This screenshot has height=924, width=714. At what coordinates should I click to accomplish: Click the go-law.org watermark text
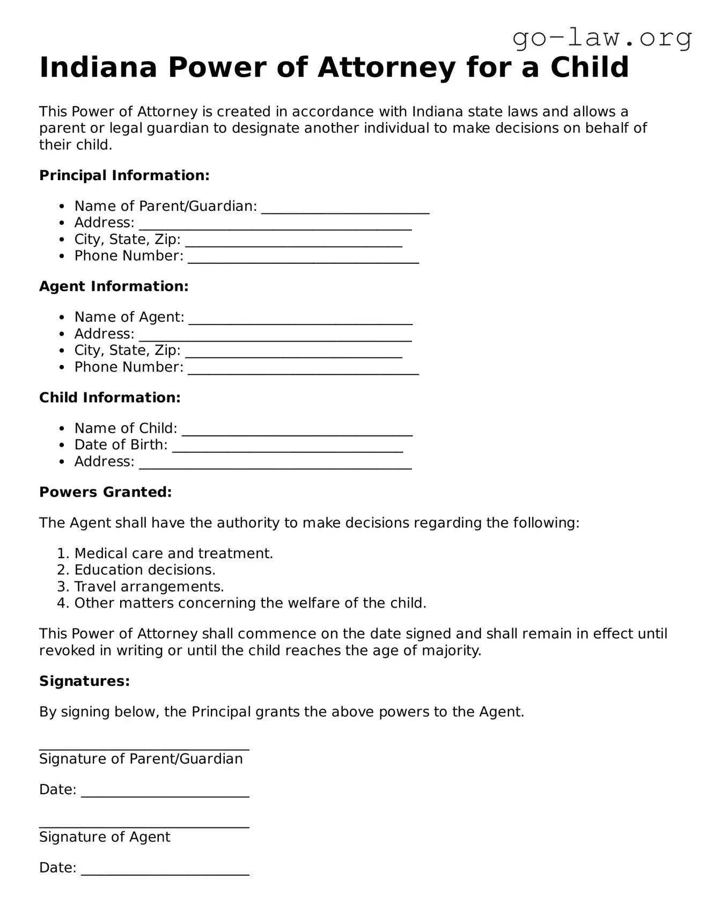pos(602,38)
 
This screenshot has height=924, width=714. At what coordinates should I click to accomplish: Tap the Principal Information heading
pos(124,175)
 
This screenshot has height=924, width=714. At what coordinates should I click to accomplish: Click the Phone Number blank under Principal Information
pos(303,259)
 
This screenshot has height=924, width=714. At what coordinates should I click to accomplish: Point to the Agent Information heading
pos(114,286)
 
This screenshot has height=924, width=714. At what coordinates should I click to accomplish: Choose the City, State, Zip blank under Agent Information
pos(293,353)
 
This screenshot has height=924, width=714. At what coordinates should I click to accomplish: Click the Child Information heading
pos(109,397)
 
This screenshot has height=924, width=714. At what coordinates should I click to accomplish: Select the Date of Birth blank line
pos(288,448)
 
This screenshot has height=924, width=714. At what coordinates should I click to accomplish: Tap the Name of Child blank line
pos(297,431)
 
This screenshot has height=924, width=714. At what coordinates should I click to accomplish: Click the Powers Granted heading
pos(105,492)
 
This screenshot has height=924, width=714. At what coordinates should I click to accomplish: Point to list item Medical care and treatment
pos(173,553)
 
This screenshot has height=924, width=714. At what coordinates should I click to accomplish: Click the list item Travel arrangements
pos(149,587)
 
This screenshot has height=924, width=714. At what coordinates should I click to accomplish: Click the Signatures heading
pos(84,681)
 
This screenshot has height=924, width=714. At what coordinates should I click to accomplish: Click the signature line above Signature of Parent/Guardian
pos(144,746)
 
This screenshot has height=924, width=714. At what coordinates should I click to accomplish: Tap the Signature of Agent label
pos(105,837)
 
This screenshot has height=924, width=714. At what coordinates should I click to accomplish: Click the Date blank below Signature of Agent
pos(165,871)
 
